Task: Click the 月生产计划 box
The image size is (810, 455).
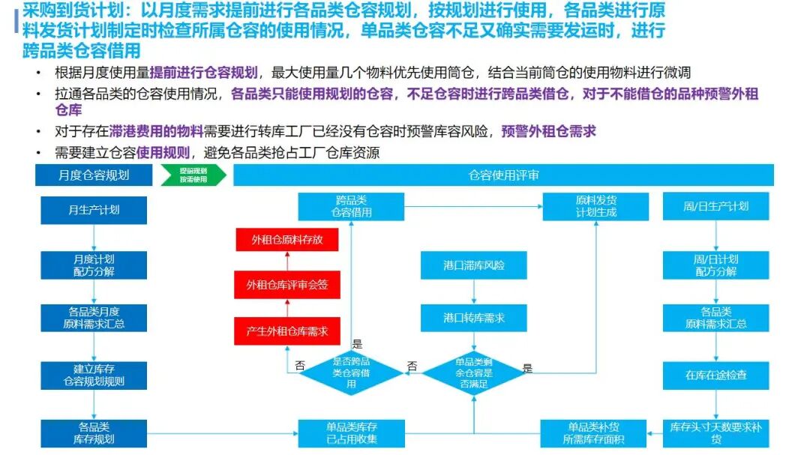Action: pyautogui.click(x=94, y=210)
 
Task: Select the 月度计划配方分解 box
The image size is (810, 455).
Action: pyautogui.click(x=94, y=265)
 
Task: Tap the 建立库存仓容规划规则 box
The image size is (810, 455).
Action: pyautogui.click(x=94, y=376)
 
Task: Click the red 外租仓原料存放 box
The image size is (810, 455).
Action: pyautogui.click(x=287, y=240)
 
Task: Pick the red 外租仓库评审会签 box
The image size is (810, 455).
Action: pyautogui.click(x=287, y=285)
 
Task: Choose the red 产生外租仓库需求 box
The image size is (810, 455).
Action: pyautogui.click(x=287, y=331)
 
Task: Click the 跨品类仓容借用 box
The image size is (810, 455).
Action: pyautogui.click(x=351, y=207)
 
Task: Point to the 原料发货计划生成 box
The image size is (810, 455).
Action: pyautogui.click(x=595, y=207)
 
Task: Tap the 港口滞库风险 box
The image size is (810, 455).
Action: pyautogui.click(x=474, y=265)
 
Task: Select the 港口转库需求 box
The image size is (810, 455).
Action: pyautogui.click(x=474, y=318)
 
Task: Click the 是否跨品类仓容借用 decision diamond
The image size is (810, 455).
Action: pyautogui.click(x=351, y=373)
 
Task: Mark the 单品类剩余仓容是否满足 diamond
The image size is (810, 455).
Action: pyautogui.click(x=474, y=373)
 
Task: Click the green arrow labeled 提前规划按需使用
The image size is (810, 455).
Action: pyautogui.click(x=193, y=175)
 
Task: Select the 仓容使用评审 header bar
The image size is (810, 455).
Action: pyautogui.click(x=504, y=175)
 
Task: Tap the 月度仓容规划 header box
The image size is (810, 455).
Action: pyautogui.click(x=94, y=175)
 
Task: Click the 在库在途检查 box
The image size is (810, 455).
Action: pyautogui.click(x=716, y=376)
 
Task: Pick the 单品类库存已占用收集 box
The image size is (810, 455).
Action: pyautogui.click(x=351, y=433)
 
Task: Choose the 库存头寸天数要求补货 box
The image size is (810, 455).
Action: pyautogui.click(x=716, y=433)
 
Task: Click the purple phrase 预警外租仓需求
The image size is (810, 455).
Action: pyautogui.click(x=548, y=132)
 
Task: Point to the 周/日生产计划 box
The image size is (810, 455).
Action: pyautogui.click(x=716, y=207)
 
